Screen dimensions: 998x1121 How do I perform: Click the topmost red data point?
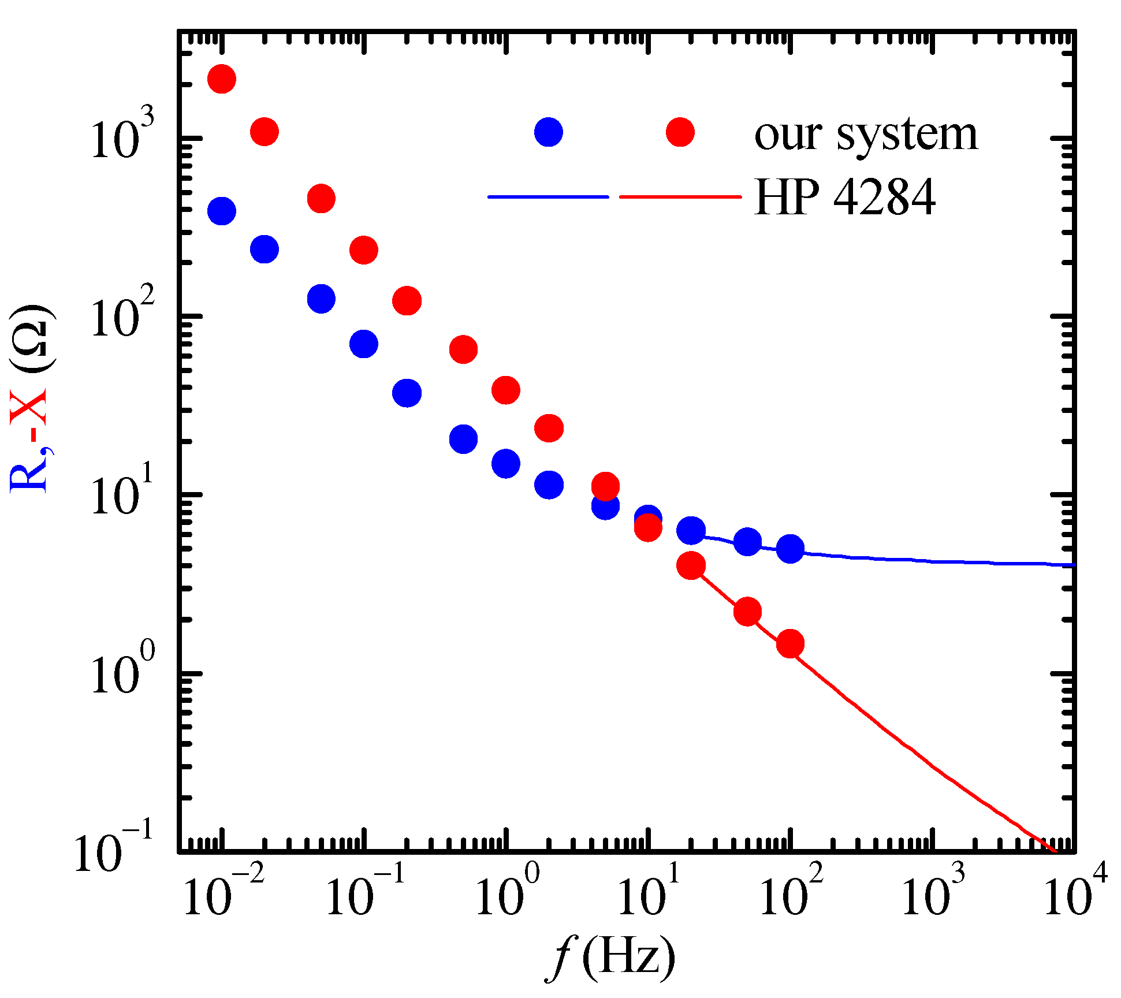coord(222,79)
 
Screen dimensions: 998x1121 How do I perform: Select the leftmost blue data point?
coord(222,211)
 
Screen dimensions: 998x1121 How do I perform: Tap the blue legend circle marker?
coord(548,132)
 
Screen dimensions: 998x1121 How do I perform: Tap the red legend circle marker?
coord(680,132)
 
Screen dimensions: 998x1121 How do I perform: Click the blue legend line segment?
coord(548,197)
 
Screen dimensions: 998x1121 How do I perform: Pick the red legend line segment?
coord(680,197)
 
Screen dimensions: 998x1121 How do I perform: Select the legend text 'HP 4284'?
coord(844,198)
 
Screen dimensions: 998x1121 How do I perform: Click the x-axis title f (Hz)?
coord(610,957)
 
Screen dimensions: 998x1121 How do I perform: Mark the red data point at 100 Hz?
coord(790,643)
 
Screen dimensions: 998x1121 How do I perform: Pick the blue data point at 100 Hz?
coord(790,548)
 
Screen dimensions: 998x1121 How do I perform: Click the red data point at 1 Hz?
coord(506,390)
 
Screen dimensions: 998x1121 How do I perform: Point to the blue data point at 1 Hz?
coord(506,463)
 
